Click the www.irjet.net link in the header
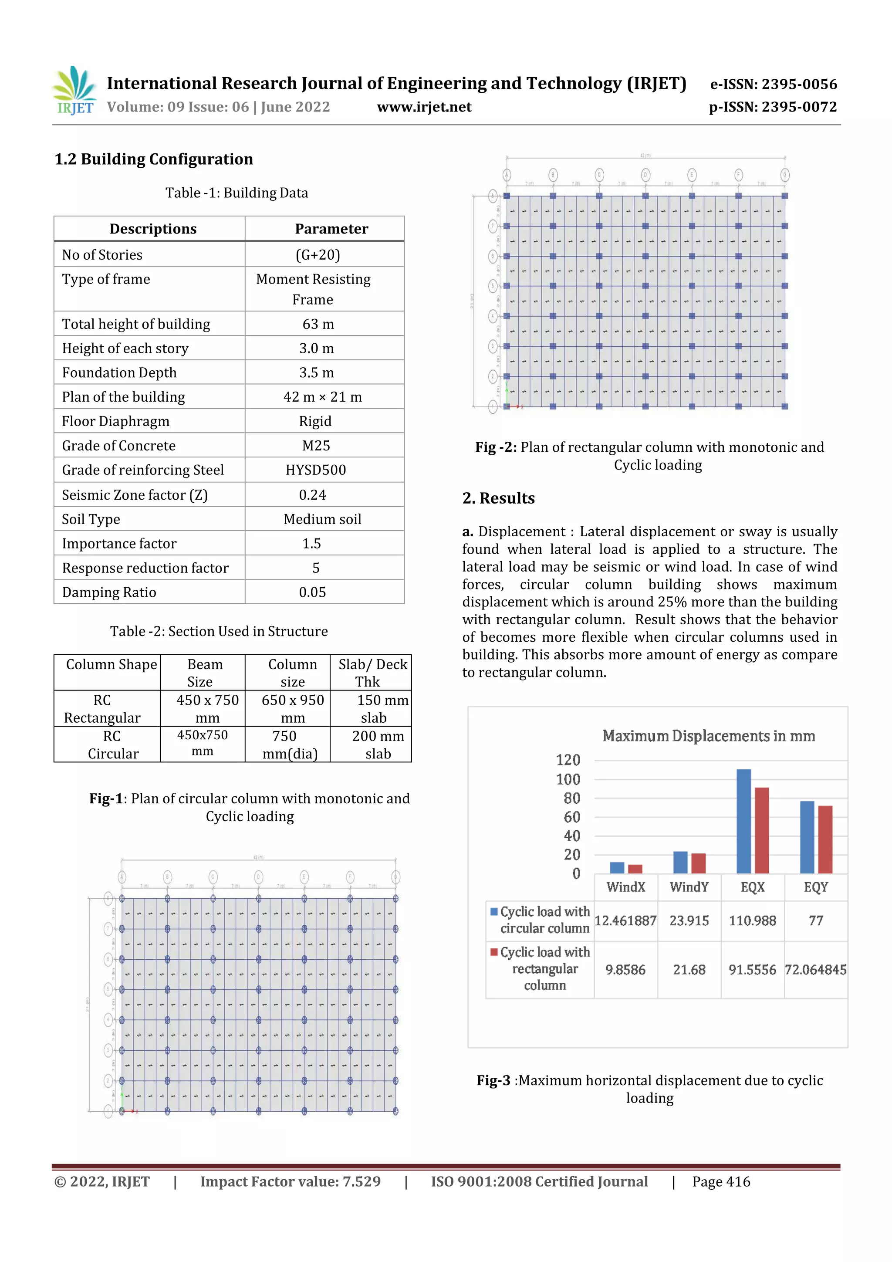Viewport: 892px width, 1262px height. pyautogui.click(x=424, y=107)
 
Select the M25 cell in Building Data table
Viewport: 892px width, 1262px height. pyautogui.click(x=316, y=445)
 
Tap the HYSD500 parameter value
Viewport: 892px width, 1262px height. pyautogui.click(x=315, y=470)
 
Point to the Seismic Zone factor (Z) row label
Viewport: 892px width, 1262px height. pyautogui.click(x=135, y=495)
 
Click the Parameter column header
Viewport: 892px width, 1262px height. pyautogui.click(x=331, y=229)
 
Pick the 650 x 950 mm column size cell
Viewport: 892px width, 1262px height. pyautogui.click(x=292, y=708)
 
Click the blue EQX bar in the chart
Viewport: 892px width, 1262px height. pyautogui.click(x=743, y=821)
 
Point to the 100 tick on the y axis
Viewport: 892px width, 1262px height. pyautogui.click(x=568, y=779)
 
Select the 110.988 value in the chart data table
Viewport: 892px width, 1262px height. pyautogui.click(x=752, y=920)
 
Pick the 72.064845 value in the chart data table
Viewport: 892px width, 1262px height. pyautogui.click(x=815, y=970)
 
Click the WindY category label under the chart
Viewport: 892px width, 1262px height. pyautogui.click(x=689, y=887)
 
